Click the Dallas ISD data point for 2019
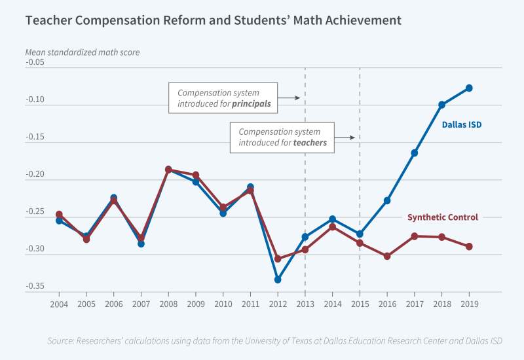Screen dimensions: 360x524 coord(469,88)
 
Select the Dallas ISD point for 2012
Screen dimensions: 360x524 coord(278,279)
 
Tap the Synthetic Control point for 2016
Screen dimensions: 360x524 coord(387,256)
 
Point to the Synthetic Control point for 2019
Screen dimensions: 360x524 coord(469,246)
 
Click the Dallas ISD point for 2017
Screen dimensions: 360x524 coord(415,153)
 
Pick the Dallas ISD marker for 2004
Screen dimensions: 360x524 coord(59,221)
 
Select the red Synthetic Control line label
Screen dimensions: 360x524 coord(442,217)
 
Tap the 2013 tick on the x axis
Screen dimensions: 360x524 coord(305,304)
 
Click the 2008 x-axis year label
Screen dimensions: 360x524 coord(168,304)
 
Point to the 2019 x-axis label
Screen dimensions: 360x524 coord(469,304)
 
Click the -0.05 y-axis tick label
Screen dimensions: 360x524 coord(34,63)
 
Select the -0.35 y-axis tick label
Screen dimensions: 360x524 coord(34,286)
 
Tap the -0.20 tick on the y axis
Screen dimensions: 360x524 coord(34,175)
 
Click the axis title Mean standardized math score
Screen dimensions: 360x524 coord(82,51)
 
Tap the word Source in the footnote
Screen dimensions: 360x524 coord(62,341)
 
